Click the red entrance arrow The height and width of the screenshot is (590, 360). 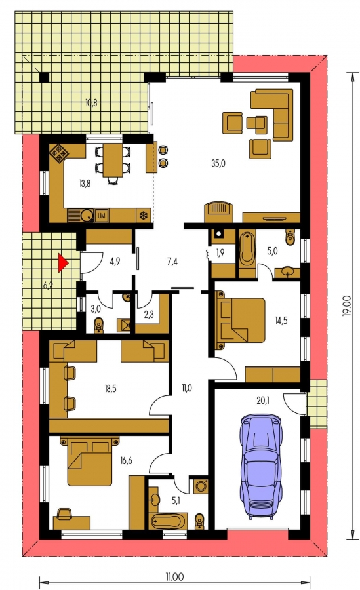(62, 263)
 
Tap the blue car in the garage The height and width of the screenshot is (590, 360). (260, 467)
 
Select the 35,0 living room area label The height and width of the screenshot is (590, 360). (218, 163)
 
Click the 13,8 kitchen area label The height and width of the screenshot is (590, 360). (85, 184)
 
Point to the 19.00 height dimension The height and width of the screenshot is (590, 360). (347, 305)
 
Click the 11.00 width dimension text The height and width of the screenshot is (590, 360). (174, 576)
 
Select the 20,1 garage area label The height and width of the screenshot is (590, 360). (262, 401)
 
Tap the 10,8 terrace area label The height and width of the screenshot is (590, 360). (91, 102)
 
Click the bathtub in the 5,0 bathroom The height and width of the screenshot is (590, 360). (247, 248)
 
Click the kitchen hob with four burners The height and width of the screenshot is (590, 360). (58, 153)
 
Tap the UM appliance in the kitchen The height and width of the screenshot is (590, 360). (102, 216)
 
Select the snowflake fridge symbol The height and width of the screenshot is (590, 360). (143, 216)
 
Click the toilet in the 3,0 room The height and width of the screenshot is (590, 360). (98, 325)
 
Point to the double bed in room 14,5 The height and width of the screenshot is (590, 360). (240, 320)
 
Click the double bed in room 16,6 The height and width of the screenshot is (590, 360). (90, 461)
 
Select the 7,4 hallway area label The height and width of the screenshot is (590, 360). (172, 262)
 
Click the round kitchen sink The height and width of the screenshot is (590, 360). (87, 216)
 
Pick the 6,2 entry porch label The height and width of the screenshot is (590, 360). (48, 286)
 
